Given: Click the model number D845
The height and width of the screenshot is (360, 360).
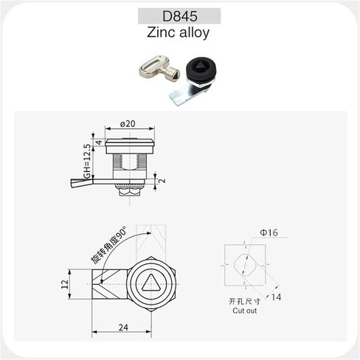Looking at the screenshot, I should [x=179, y=15].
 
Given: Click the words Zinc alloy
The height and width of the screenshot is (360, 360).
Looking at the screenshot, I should [x=179, y=32].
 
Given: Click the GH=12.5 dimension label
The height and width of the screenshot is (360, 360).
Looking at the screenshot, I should [x=86, y=162].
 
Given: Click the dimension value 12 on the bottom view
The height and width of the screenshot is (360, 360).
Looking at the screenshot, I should [x=64, y=283].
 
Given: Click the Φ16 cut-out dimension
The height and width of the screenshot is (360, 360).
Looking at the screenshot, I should [x=269, y=233].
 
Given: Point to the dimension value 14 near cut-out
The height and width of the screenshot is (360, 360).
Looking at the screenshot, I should [x=275, y=297].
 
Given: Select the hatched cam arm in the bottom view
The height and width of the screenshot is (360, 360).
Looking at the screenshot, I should [x=108, y=283].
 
